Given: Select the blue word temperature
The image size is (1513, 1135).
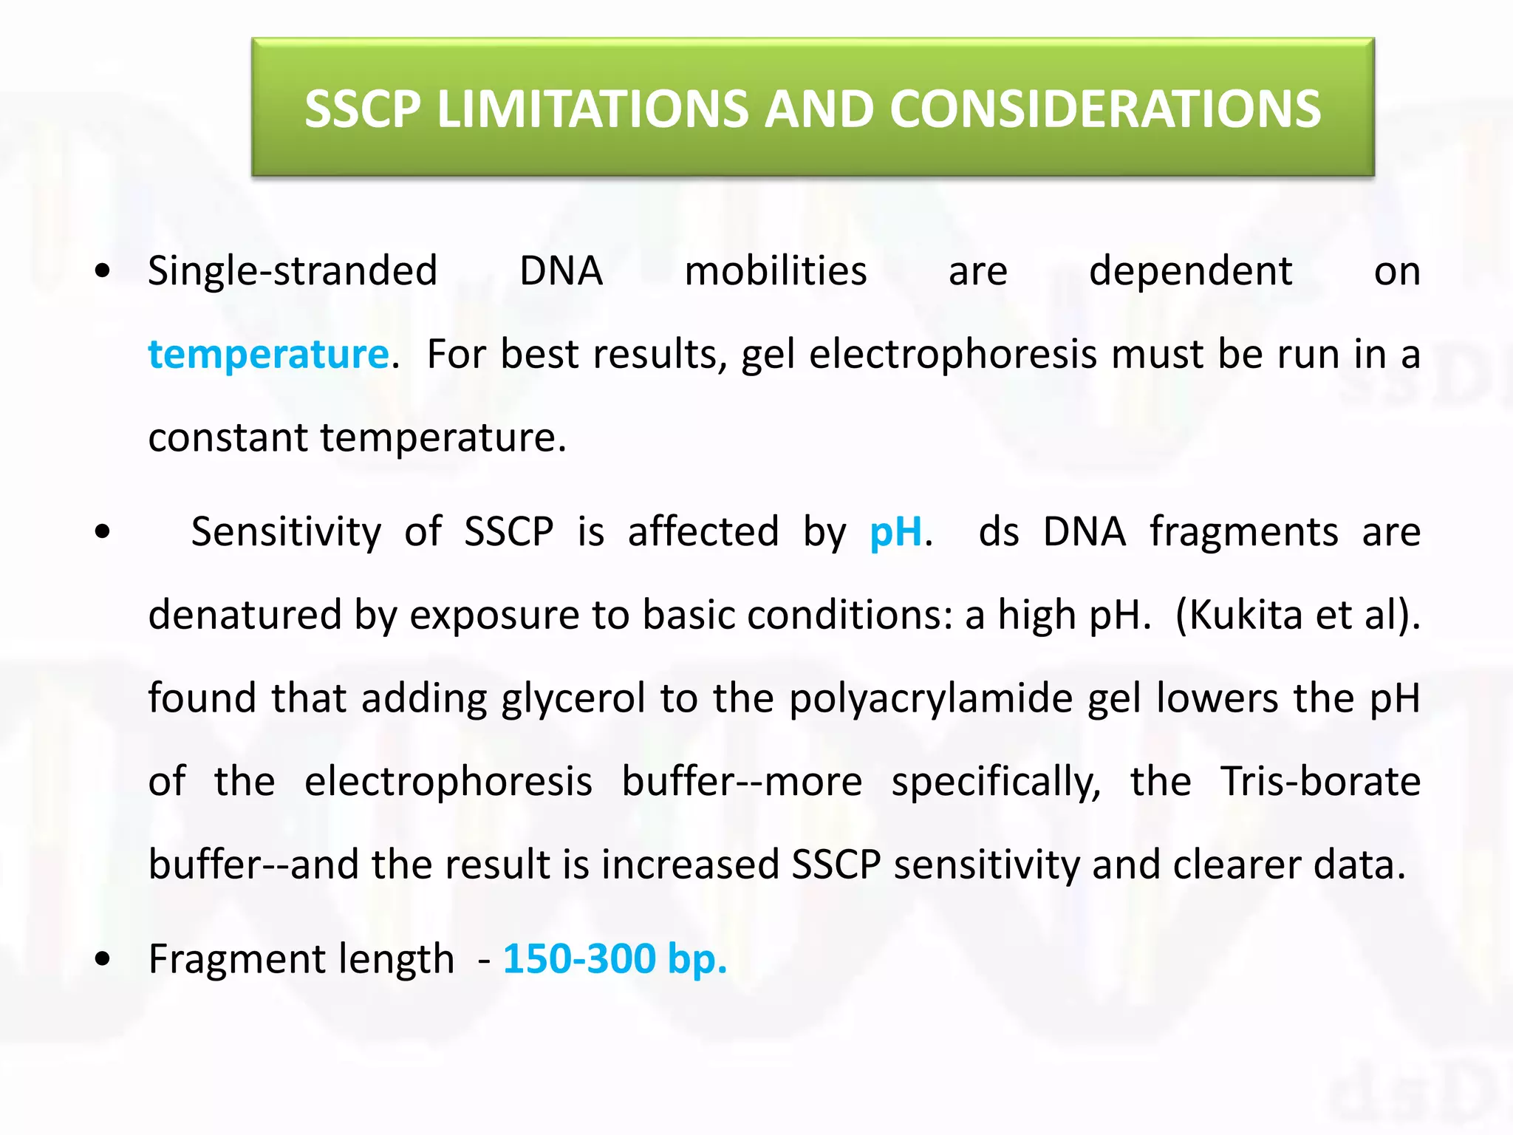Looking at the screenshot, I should point(268,354).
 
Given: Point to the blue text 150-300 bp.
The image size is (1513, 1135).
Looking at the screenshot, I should point(615,959).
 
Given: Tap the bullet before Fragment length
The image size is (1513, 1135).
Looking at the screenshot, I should point(103,959).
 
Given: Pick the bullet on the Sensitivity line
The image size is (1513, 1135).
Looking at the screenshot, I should point(103,531).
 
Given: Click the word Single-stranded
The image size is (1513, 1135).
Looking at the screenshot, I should point(293,270).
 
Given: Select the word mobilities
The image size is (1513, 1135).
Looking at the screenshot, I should point(775,270).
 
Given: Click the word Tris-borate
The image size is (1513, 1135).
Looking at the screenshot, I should point(1320,782).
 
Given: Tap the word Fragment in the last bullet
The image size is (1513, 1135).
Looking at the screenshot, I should point(236,959).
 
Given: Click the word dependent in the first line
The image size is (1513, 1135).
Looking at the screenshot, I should point(1190,270).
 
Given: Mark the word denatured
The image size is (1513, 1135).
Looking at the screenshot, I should point(245,615).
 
